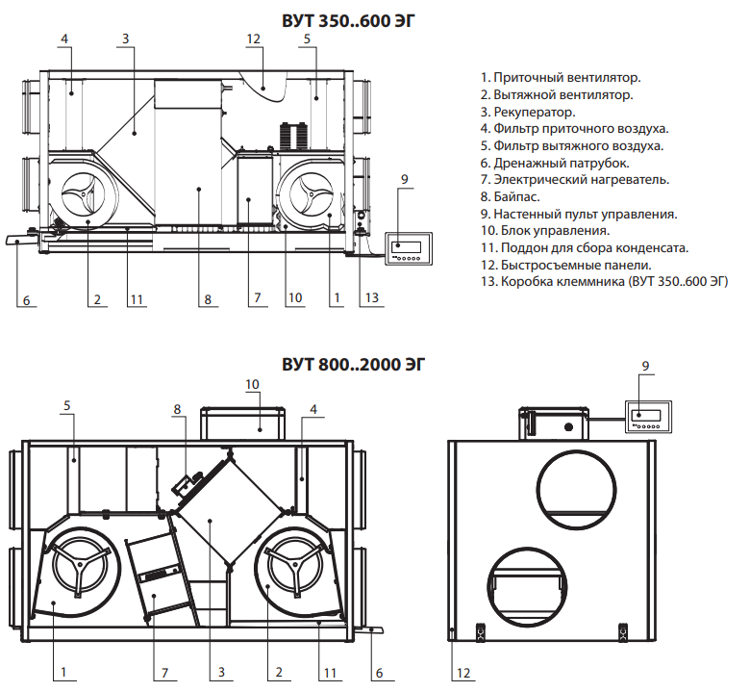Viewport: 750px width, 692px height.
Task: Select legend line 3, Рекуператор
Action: pyautogui.click(x=520, y=111)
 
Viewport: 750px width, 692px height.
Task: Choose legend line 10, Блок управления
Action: pyautogui.click(x=543, y=230)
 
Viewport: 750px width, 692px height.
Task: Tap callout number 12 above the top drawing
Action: pyautogui.click(x=254, y=38)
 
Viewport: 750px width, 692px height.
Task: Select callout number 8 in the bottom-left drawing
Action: pyautogui.click(x=177, y=409)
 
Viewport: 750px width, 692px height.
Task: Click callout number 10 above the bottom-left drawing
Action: pyautogui.click(x=252, y=384)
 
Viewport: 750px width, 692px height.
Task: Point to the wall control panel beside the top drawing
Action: pyautogui.click(x=406, y=247)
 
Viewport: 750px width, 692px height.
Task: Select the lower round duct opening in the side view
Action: pyautogui.click(x=527, y=586)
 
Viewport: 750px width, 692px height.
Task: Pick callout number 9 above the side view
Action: pyautogui.click(x=646, y=366)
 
